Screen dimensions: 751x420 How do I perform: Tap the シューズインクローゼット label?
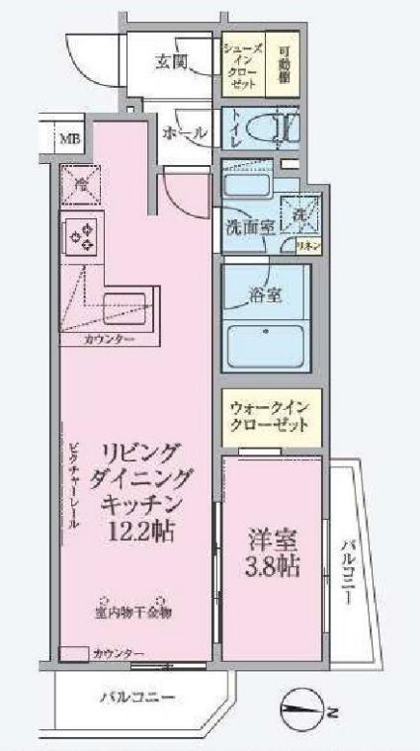pos(240,65)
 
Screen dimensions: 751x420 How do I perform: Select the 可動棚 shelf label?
pos(284,65)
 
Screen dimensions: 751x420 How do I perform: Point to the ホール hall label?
pos(183,132)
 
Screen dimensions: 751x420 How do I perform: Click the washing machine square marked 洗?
pos(295,210)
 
